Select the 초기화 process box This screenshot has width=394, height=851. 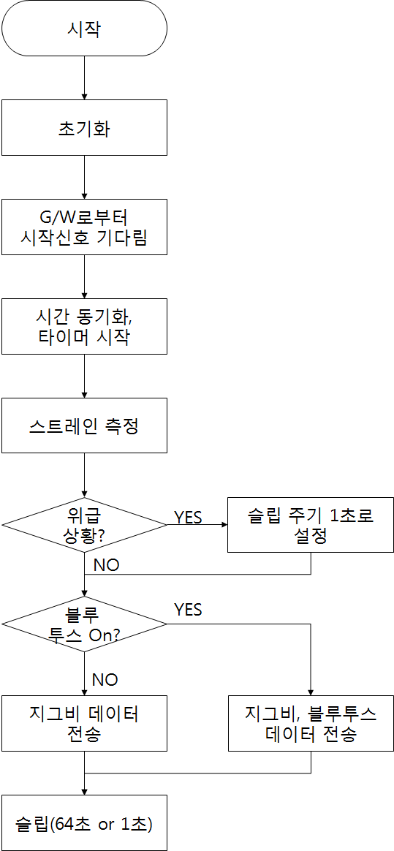pos(84,127)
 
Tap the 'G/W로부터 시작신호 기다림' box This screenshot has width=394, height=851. pos(84,227)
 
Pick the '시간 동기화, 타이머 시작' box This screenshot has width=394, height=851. pos(84,326)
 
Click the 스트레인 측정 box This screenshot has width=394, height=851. pos(84,425)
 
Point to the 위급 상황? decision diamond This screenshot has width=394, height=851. pos(84,525)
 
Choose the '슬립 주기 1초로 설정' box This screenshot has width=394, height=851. pos(311,525)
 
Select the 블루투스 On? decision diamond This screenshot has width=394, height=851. pos(84,624)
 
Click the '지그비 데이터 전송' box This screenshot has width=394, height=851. pos(84,724)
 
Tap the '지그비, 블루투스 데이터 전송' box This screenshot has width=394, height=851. pos(311,724)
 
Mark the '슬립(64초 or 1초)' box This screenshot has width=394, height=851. pos(84,822)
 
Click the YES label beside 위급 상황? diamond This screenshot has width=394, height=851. pos(188,517)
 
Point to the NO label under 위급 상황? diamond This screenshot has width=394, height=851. pos(106,565)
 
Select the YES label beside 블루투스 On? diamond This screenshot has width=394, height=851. pos(188,610)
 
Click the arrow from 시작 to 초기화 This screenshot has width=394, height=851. pos(84,78)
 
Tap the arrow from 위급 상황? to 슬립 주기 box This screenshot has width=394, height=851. pos(197,525)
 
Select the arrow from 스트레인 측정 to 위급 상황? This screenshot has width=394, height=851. pos(84,475)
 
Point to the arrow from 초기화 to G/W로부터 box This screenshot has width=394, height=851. pos(84,178)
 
